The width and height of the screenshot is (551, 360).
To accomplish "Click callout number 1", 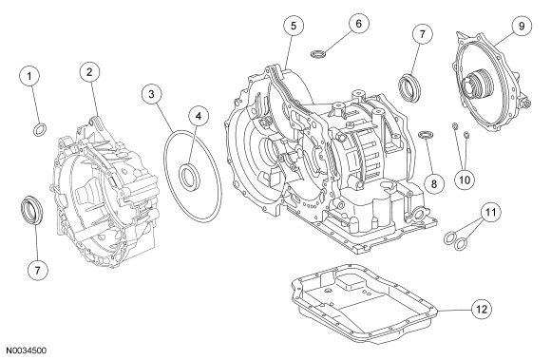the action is coord(29,76).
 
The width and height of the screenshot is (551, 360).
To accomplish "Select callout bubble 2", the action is coord(89,72).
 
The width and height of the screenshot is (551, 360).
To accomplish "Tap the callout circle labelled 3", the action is coord(151,94).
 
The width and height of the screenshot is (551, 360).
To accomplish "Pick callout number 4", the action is coord(199,116).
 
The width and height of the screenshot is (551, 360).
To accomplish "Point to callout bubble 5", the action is coord(294,26).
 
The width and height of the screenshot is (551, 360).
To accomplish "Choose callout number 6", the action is coord(358,24).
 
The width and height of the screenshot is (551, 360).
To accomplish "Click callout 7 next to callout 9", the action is coord(422,34).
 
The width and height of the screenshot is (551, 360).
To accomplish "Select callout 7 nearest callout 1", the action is coord(37,270).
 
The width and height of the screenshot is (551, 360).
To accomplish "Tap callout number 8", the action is coord(433,183).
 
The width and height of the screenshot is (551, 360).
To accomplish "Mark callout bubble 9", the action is coord(522,26).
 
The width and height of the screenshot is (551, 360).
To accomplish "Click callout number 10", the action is coord(465,180).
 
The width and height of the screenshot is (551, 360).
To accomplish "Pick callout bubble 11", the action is coord(490,212).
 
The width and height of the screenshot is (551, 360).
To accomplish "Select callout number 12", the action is coord(482,310).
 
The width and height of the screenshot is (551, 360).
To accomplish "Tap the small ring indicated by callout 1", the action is coord(40,129).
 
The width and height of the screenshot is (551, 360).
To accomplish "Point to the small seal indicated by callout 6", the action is coord(318,54).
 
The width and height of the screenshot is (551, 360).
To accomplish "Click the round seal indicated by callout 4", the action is coord(190,175).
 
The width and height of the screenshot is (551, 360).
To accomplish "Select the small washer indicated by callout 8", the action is coord(426,135).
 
